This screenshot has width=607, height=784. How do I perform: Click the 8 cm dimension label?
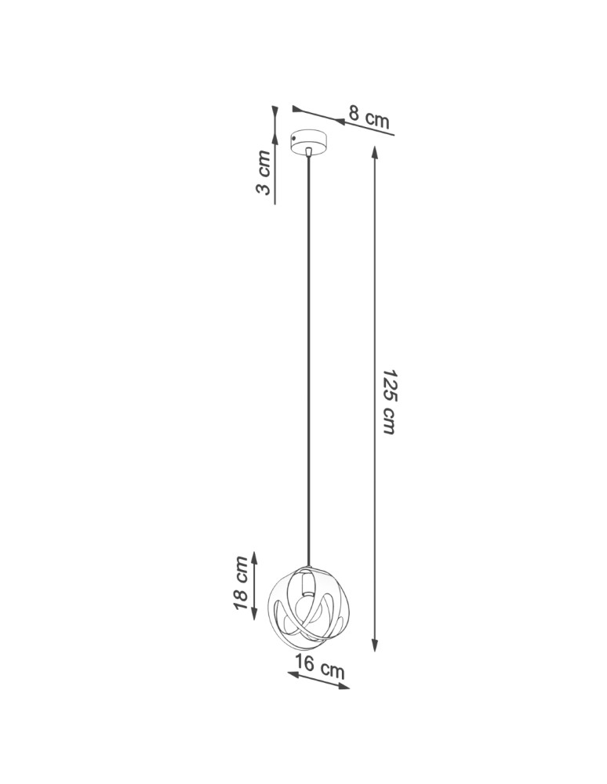[369, 117]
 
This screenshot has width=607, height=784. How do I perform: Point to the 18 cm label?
[242, 583]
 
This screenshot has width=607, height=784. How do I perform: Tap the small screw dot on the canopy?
[294, 139]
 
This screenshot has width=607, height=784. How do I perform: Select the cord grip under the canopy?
[310, 152]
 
